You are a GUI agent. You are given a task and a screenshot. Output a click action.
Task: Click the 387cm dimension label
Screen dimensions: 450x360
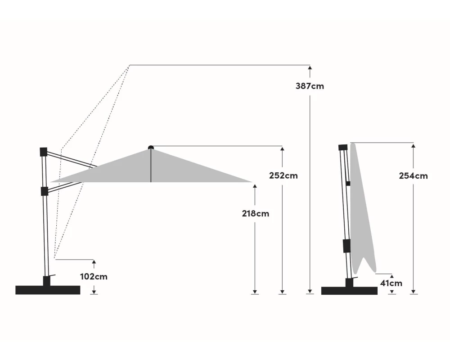click(x=310, y=86)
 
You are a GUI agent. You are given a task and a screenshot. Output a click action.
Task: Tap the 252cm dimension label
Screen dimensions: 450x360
click(x=283, y=175)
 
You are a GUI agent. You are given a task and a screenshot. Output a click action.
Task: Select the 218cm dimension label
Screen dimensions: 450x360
click(x=256, y=214)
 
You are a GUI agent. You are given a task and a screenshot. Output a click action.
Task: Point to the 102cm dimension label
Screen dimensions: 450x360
click(x=94, y=276)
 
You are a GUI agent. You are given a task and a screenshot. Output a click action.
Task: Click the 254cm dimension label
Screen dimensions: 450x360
click(x=413, y=175)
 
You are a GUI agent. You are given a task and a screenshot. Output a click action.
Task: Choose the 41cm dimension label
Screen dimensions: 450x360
click(x=391, y=283)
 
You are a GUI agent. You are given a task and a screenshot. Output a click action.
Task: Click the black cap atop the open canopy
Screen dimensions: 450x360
click(x=151, y=148)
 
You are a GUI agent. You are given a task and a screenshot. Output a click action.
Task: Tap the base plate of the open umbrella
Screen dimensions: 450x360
click(x=48, y=290)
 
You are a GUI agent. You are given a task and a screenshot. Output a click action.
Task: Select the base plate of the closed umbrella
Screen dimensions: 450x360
click(x=349, y=291)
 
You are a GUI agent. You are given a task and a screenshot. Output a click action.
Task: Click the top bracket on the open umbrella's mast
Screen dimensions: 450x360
click(x=43, y=152)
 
